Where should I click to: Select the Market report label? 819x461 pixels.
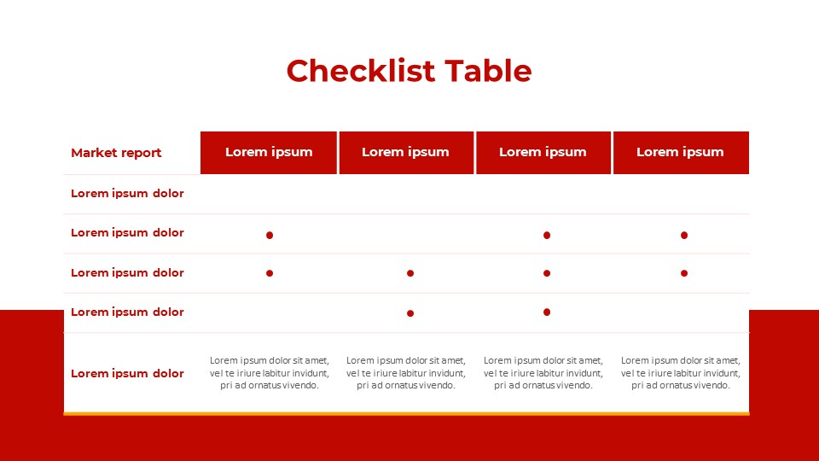pyautogui.click(x=116, y=153)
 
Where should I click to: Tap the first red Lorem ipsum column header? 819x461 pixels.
pyautogui.click(x=269, y=152)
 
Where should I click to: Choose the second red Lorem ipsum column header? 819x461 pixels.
pyautogui.click(x=405, y=152)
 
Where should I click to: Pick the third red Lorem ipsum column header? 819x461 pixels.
pyautogui.click(x=543, y=152)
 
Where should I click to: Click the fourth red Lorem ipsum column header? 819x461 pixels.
pyautogui.click(x=680, y=152)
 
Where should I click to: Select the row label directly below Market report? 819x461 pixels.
pyautogui.click(x=127, y=193)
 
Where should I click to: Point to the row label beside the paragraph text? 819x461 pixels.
pyautogui.click(x=127, y=373)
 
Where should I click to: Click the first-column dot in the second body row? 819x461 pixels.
pyautogui.click(x=270, y=235)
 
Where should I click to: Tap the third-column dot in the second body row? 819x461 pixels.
pyautogui.click(x=547, y=235)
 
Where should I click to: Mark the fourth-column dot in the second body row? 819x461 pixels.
pyautogui.click(x=684, y=235)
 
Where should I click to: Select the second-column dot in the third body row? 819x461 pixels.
pyautogui.click(x=410, y=273)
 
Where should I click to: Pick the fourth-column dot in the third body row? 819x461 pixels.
pyautogui.click(x=684, y=273)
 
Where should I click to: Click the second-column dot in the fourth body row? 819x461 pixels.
pyautogui.click(x=410, y=313)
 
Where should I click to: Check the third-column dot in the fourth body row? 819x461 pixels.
pyautogui.click(x=547, y=312)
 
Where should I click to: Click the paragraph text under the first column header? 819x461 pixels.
pyautogui.click(x=270, y=373)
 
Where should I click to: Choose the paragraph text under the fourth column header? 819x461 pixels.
pyautogui.click(x=681, y=373)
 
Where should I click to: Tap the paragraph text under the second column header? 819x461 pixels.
pyautogui.click(x=406, y=373)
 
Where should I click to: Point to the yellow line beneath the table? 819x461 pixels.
pyautogui.click(x=406, y=414)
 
